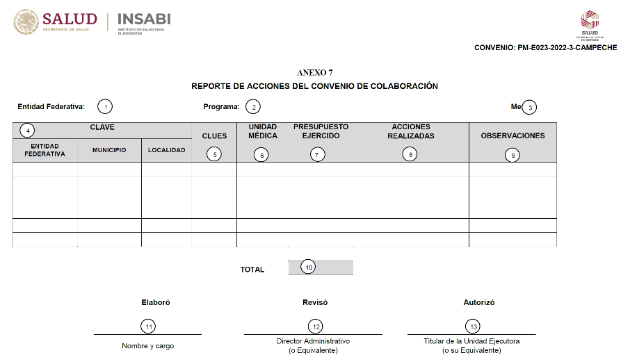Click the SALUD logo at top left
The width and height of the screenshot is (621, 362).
click(55, 23)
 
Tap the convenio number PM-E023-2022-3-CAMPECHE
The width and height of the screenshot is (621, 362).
click(545, 48)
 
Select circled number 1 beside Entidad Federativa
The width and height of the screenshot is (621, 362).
click(104, 107)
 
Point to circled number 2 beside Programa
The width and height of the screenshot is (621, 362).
click(253, 107)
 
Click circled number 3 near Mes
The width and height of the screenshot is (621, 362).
click(530, 107)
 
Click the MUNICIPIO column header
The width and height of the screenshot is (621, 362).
click(109, 150)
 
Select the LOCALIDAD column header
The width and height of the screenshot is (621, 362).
click(167, 150)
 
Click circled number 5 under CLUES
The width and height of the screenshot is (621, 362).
click(215, 155)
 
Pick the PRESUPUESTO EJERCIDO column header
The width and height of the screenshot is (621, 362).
click(321, 131)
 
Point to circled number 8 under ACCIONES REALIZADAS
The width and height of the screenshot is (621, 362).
click(410, 155)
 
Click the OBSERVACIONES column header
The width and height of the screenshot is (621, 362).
click(513, 135)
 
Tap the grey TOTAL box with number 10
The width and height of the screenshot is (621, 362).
click(321, 268)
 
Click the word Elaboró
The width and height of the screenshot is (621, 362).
click(156, 303)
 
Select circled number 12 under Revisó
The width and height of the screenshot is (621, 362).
click(315, 326)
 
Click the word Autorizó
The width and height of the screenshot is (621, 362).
click(479, 303)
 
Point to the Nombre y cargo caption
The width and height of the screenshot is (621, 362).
click(147, 345)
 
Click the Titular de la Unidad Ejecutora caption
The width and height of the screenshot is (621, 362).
click(471, 341)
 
